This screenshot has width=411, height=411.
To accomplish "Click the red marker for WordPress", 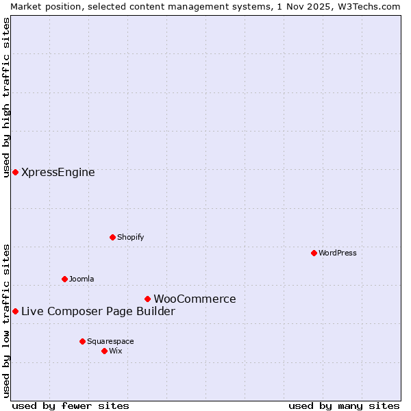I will [314, 253].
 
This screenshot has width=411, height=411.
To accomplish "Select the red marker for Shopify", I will [112, 237].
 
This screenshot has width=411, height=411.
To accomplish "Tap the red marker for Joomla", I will [64, 279].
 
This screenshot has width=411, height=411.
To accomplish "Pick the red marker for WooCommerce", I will [147, 299].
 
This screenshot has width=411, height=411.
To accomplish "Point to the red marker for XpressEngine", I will [15, 172].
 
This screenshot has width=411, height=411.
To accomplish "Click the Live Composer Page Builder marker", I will [15, 311].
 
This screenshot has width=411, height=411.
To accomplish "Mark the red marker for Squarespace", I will [82, 341].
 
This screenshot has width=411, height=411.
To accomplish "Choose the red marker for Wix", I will [104, 351].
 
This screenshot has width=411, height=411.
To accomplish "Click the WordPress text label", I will [338, 253].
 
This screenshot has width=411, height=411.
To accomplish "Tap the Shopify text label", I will [130, 237].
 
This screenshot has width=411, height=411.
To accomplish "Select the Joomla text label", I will [82, 279].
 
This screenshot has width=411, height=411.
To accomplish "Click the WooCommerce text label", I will [195, 299].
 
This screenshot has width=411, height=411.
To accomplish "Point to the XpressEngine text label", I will [58, 172].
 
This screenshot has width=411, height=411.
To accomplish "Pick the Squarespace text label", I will [110, 341].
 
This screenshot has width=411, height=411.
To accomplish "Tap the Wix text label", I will [116, 351].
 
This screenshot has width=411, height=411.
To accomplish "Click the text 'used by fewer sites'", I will [71, 406].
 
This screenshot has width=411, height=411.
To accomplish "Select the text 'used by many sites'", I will [344, 406].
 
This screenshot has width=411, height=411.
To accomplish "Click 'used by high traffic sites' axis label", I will [6, 97].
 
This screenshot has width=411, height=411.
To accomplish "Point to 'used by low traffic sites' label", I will [6, 320].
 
